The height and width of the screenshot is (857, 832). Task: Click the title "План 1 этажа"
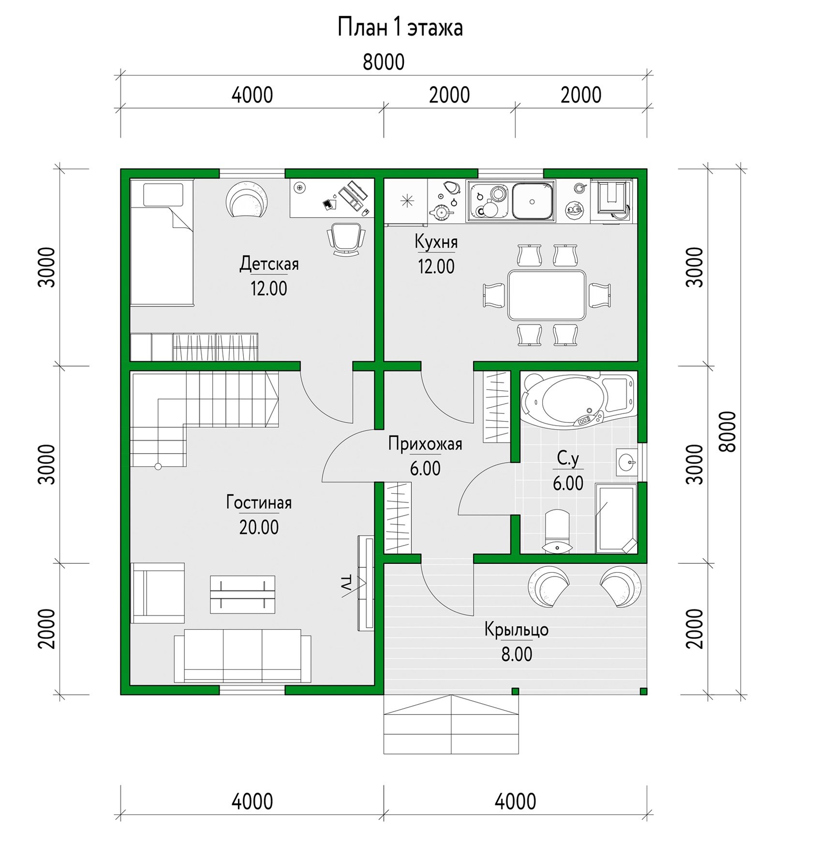click(x=400, y=27)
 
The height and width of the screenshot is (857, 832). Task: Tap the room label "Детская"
click(x=269, y=264)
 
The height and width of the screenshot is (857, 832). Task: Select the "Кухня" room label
click(x=436, y=242)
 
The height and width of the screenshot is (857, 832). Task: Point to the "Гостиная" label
click(x=259, y=502)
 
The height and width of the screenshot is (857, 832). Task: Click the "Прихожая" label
click(x=425, y=444)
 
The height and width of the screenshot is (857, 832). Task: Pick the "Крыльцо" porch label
click(x=517, y=630)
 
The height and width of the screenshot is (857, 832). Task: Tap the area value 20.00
click(x=259, y=527)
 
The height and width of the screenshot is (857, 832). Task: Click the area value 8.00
click(x=517, y=654)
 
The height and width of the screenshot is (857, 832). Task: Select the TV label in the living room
click(x=346, y=583)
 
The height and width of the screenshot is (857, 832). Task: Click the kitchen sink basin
click(x=532, y=201)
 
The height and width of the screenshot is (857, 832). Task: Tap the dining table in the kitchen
click(x=547, y=295)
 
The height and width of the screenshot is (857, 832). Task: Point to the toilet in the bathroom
click(x=557, y=531)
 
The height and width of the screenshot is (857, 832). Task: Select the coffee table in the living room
click(x=242, y=594)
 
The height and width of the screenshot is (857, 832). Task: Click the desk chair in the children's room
click(x=346, y=238)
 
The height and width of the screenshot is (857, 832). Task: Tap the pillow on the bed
click(x=163, y=194)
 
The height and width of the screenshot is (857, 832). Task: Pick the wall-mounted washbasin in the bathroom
click(x=627, y=462)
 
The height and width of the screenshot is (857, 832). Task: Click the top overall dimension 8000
click(x=384, y=62)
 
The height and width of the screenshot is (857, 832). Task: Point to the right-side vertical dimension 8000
click(x=727, y=431)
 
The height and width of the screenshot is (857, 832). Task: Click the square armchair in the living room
click(x=157, y=593)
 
